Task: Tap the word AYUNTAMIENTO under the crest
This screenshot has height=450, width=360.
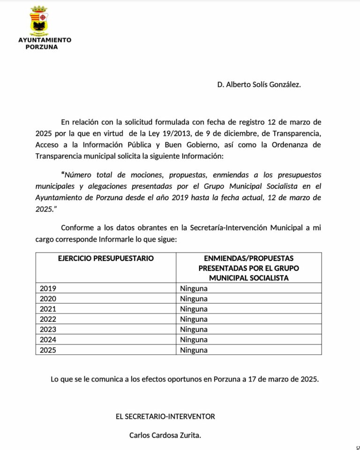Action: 45,40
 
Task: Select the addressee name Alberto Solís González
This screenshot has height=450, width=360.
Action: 259,84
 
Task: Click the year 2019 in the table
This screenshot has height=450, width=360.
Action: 48,288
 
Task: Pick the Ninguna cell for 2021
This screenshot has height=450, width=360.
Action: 194,309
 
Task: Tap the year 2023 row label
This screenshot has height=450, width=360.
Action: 48,329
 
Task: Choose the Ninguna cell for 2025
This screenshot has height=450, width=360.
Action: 194,350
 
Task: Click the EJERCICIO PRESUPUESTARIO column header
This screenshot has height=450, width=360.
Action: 105,259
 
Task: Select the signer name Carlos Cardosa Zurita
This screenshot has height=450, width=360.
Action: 165,435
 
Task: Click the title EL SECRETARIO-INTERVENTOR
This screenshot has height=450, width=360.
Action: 165,416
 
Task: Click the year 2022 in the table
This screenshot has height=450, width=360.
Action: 48,319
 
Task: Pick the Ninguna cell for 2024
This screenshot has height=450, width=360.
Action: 194,340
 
